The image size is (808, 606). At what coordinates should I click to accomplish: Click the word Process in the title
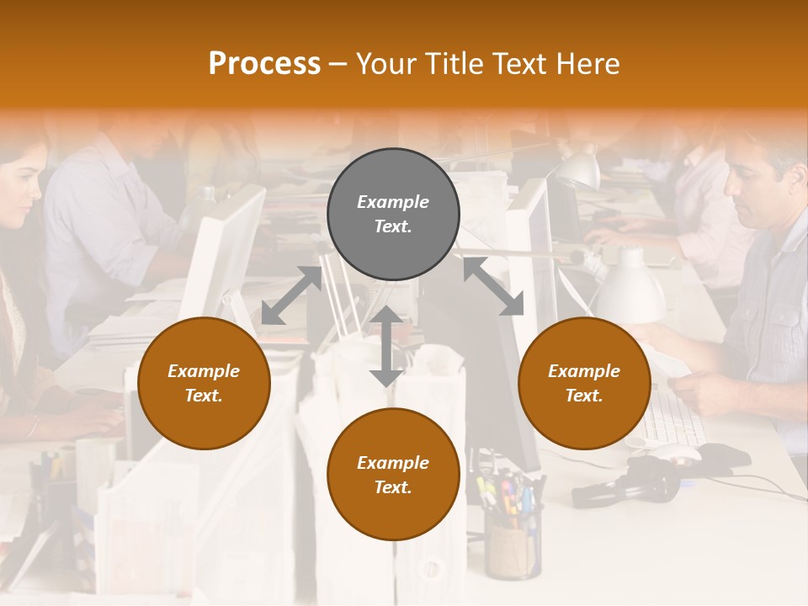point(264,64)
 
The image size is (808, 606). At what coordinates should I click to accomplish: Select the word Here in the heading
point(589,64)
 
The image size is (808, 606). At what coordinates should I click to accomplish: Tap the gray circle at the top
point(393,215)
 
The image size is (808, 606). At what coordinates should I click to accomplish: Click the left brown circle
point(204,383)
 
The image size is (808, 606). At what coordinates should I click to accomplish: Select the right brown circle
point(584,383)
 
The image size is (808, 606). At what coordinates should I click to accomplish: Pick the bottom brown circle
point(393,475)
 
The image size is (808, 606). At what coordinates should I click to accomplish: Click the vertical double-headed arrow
point(386,346)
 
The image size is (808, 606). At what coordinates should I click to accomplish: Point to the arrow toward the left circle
point(291,295)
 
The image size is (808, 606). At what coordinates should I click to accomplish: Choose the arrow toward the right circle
point(493,287)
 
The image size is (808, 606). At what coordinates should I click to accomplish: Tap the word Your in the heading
point(385,64)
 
